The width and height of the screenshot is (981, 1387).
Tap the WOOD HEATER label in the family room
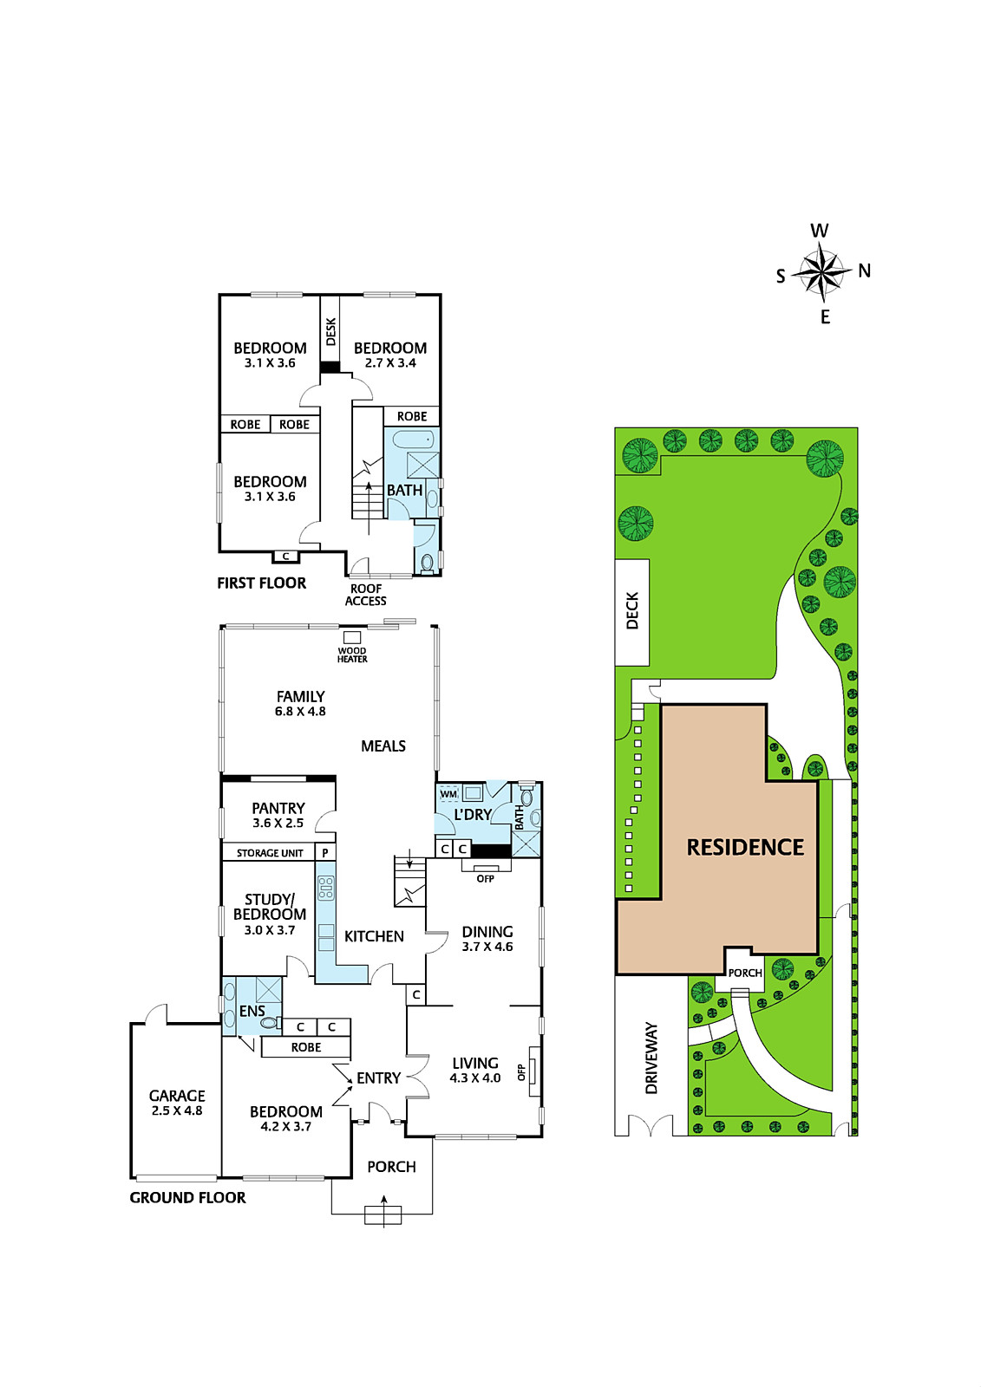tap(352, 654)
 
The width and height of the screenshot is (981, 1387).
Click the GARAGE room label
tap(177, 1096)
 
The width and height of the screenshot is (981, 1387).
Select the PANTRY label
tap(278, 808)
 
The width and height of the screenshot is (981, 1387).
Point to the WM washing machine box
tap(448, 794)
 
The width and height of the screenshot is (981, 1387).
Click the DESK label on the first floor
tap(331, 332)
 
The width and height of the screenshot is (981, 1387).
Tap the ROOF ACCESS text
tap(366, 595)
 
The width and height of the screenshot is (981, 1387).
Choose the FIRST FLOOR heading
tap(262, 583)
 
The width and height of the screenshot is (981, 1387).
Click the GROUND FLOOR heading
tap(187, 1197)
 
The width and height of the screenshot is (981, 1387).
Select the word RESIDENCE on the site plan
tap(745, 847)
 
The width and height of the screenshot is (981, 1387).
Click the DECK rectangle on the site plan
tap(632, 612)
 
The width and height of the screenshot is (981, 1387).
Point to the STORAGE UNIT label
tap(270, 853)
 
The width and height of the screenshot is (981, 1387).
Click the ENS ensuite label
tap(252, 1011)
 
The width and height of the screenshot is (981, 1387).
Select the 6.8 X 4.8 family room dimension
tap(301, 712)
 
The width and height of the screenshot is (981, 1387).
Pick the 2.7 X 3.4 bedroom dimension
tap(390, 363)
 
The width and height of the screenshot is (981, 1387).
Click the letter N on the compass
tap(865, 270)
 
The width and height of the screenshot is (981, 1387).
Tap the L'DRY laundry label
tap(473, 814)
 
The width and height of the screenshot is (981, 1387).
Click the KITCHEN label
tap(375, 936)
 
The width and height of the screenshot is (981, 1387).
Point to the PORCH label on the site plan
tap(745, 973)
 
